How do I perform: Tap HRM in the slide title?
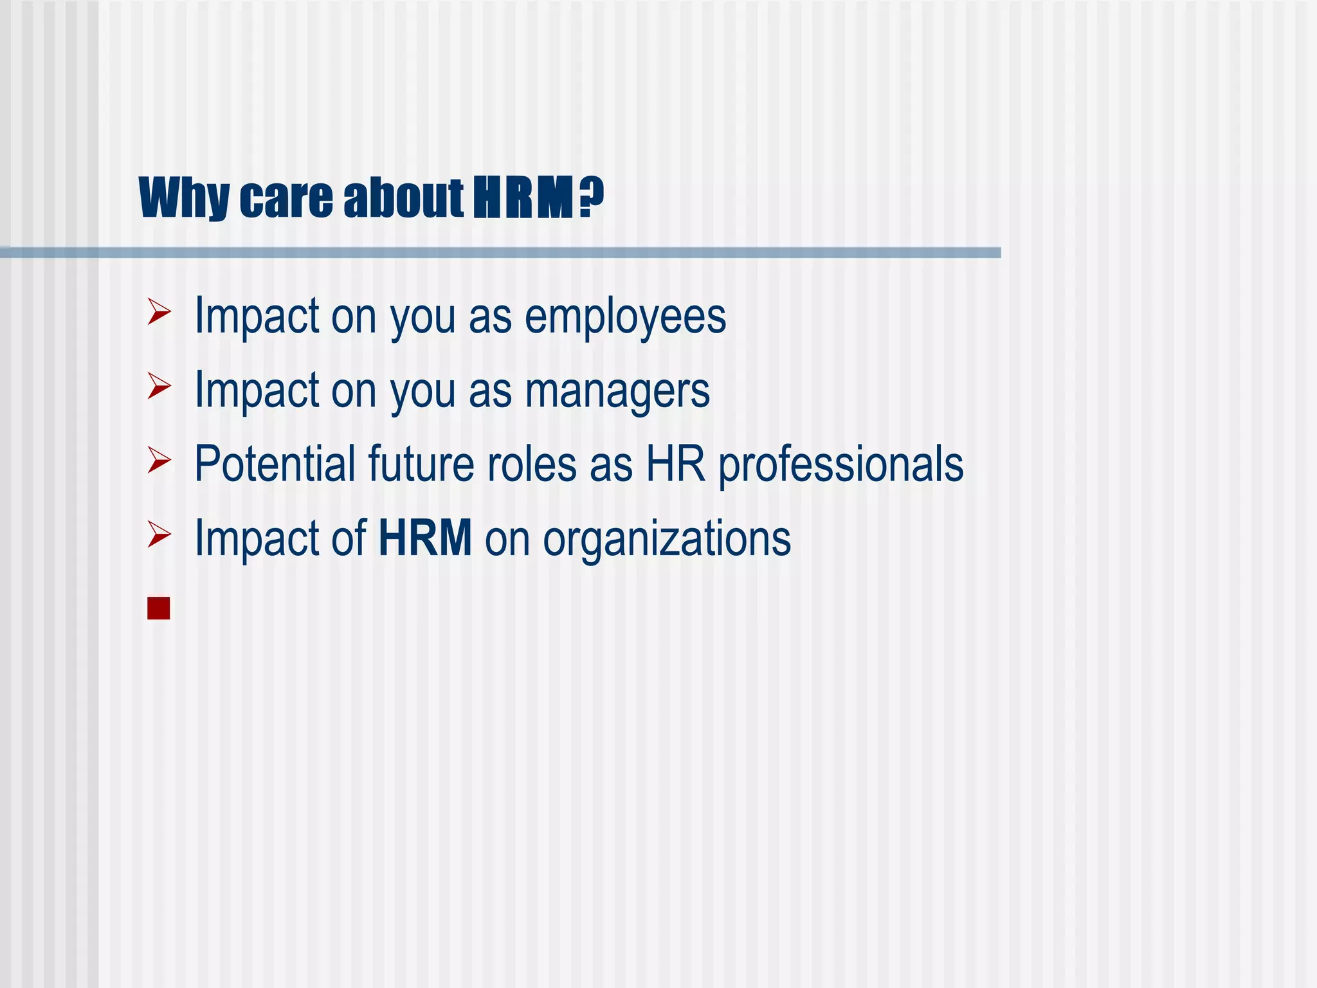pos(523,198)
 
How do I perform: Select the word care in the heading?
pos(286,198)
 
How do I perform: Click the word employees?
pos(625,316)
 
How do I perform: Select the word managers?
pos(617,390)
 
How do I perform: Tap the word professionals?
pos(840,464)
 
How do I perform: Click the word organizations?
pos(667,539)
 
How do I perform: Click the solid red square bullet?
pos(158,608)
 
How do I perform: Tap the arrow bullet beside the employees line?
pos(159,312)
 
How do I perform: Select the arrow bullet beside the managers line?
pos(159,386)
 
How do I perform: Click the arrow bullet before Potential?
pos(159,460)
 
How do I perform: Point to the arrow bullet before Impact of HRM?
pos(159,535)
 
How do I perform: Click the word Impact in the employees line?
pos(257,316)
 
